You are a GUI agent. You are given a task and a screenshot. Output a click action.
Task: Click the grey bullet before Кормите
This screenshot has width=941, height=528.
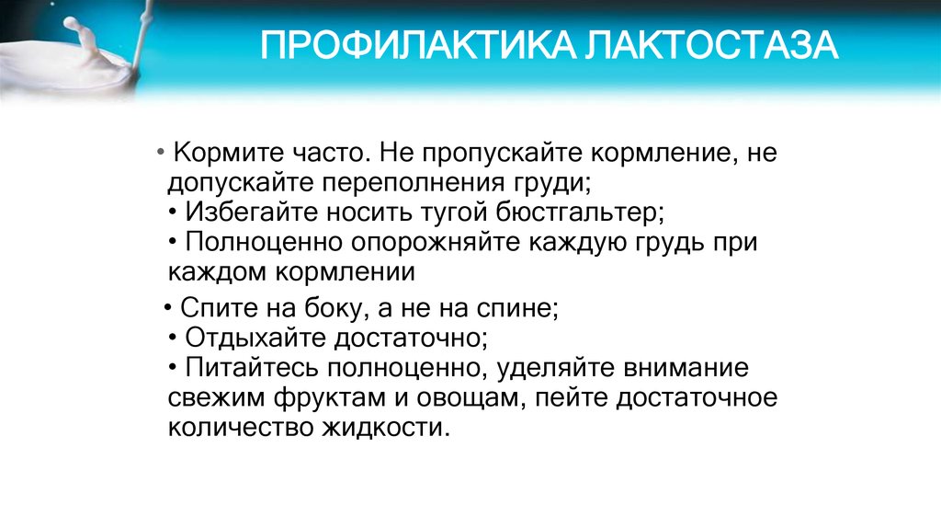(x=160, y=152)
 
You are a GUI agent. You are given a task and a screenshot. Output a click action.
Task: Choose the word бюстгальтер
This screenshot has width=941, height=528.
(x=580, y=212)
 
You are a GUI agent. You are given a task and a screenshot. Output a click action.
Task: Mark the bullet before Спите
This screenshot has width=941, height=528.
(x=168, y=307)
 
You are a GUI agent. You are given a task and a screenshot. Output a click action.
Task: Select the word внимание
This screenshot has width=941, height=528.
(x=686, y=368)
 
